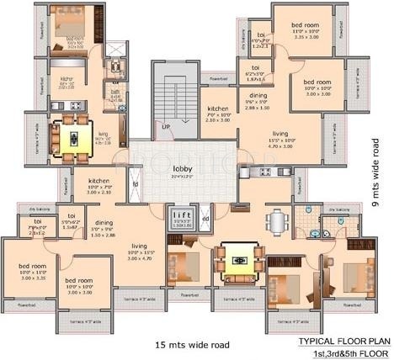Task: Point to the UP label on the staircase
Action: [167, 127]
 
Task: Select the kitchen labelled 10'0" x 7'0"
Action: [100, 184]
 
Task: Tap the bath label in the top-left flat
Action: [116, 95]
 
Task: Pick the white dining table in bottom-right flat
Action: [277, 221]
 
